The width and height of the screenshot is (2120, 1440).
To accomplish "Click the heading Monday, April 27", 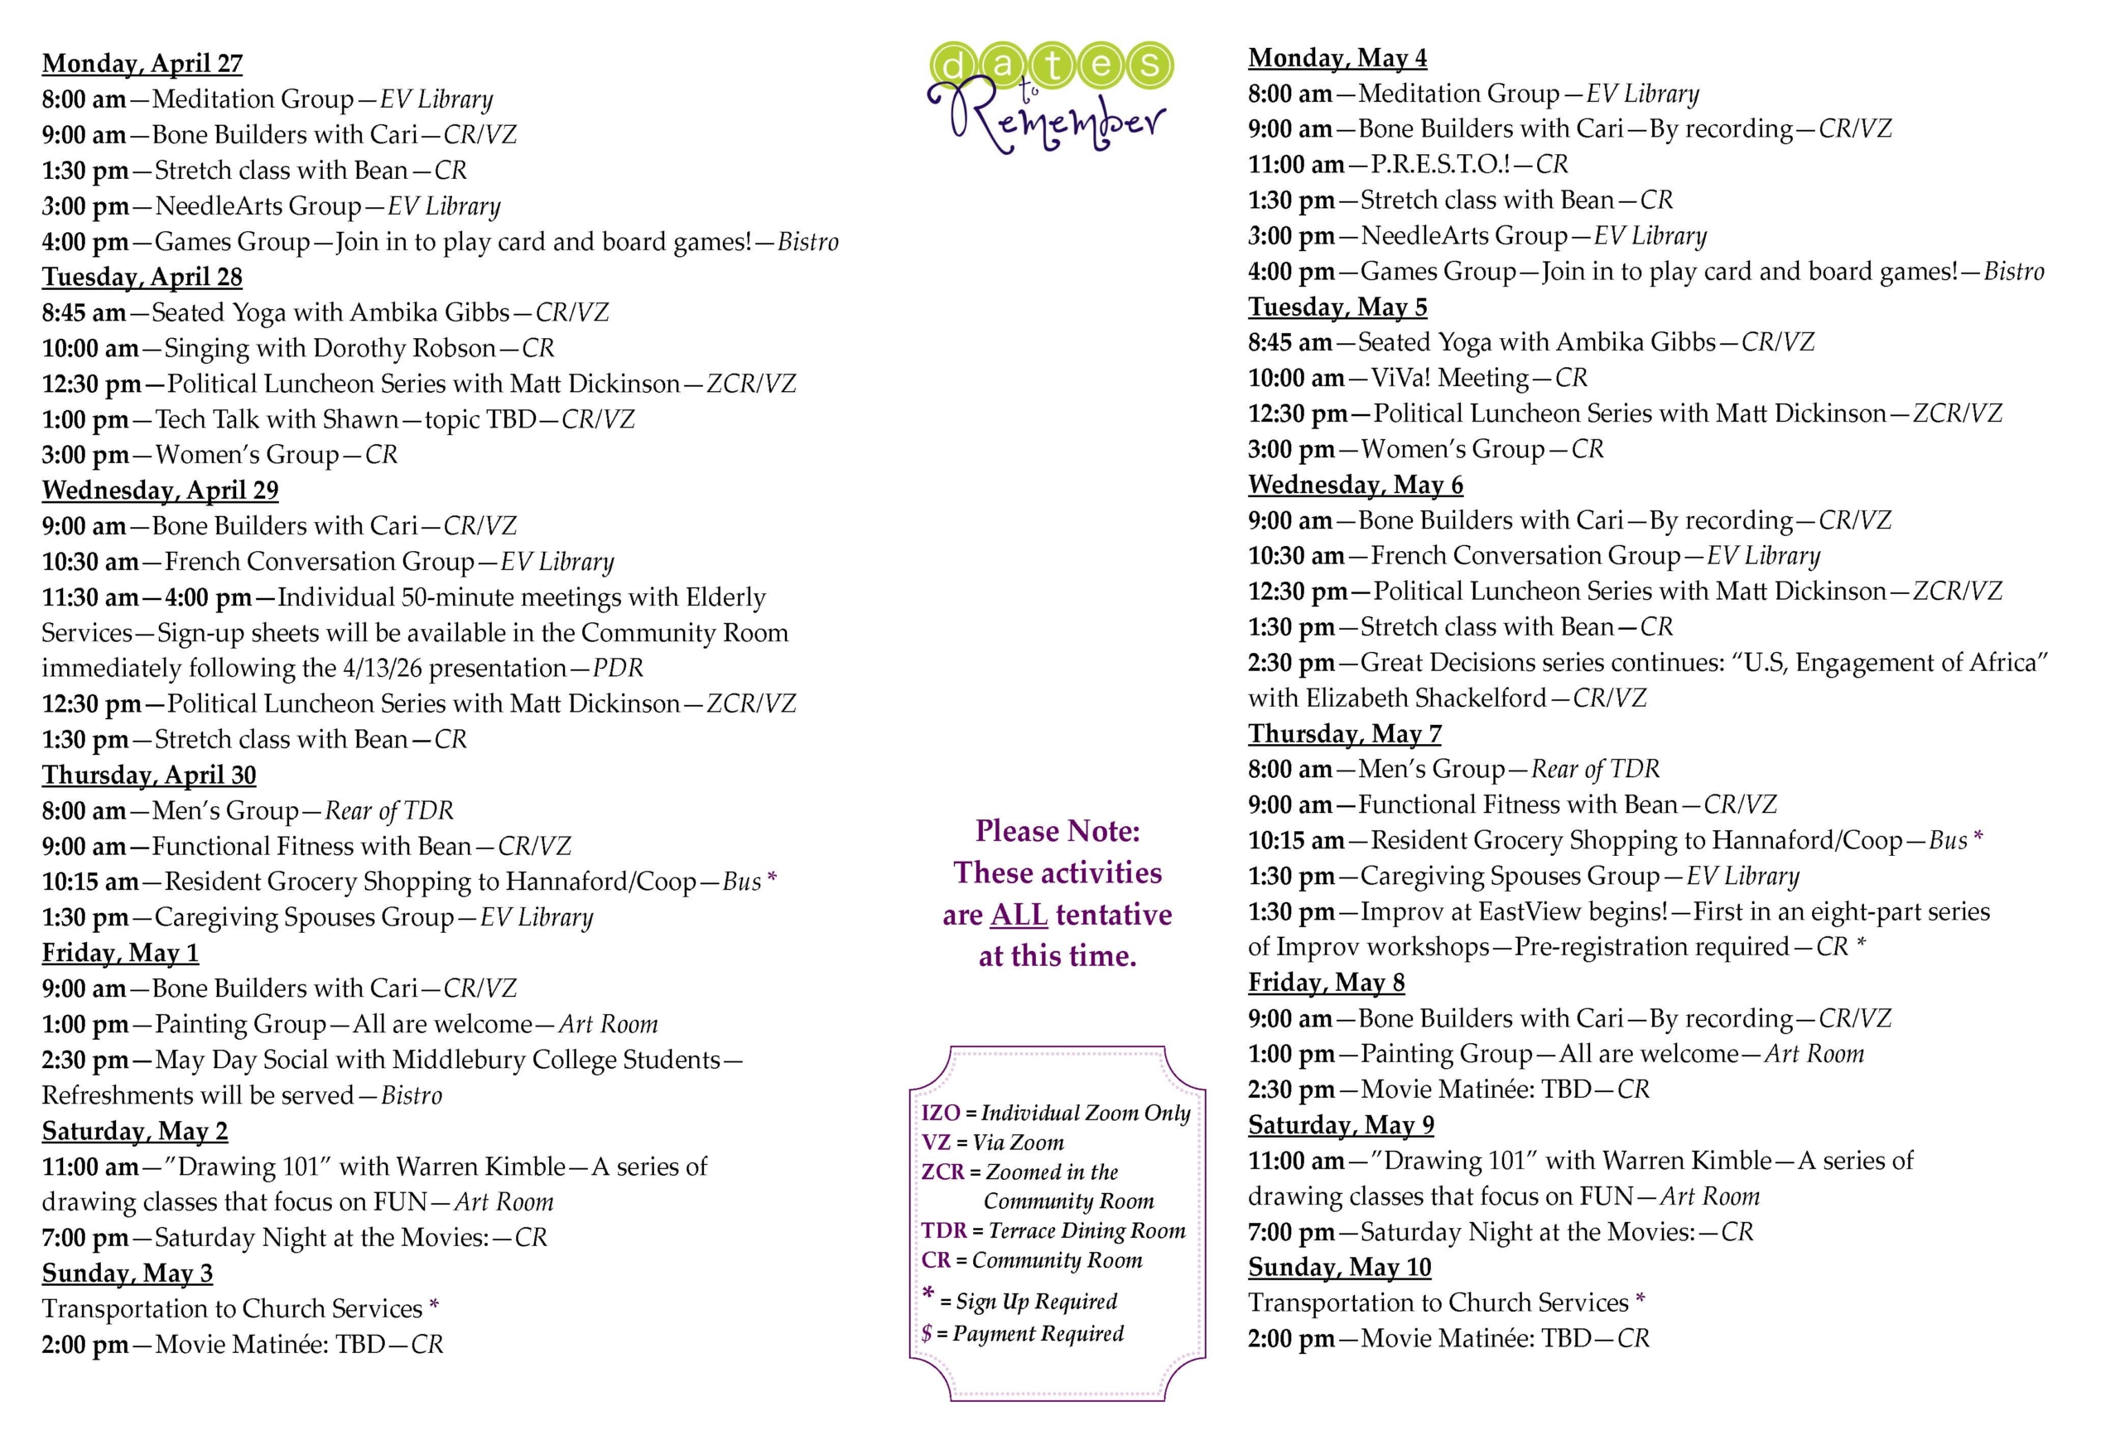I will tap(142, 64).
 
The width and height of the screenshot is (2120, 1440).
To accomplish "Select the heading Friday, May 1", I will tap(119, 953).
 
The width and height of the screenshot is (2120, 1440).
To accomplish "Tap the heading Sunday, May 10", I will tap(1339, 1268).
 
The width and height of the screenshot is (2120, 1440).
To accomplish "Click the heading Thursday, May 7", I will tap(1345, 734).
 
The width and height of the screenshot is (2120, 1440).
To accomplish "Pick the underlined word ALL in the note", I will tap(1018, 915).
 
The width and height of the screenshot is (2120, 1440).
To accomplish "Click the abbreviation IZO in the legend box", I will tap(941, 1114).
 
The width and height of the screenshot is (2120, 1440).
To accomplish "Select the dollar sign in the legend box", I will tap(927, 1333).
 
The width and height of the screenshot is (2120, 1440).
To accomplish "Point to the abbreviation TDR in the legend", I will tap(943, 1231).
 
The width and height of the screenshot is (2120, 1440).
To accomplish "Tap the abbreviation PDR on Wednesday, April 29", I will tap(618, 668).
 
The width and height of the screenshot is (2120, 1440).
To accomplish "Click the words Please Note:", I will tap(1058, 830).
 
